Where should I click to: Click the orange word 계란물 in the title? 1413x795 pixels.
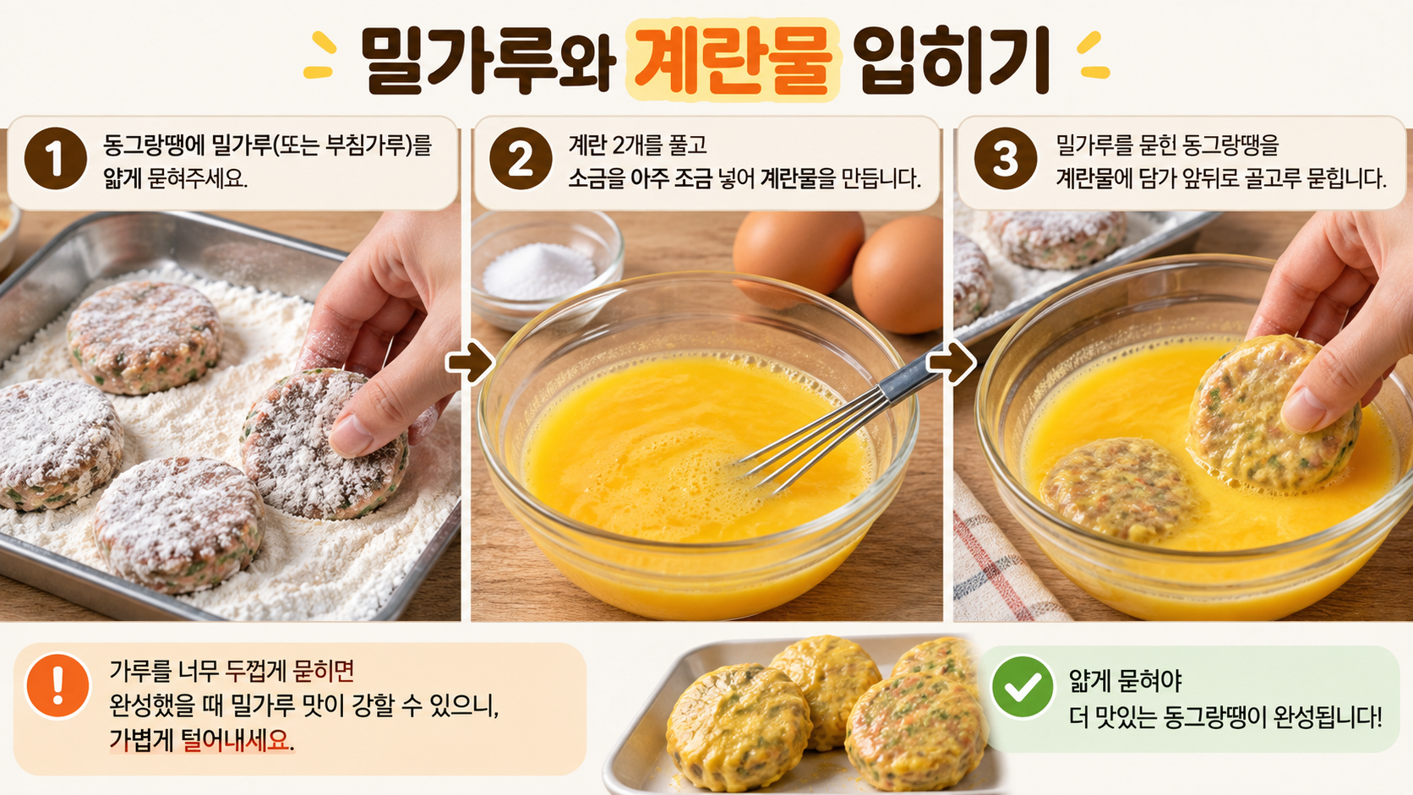733,60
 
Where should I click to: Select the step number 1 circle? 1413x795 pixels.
56,159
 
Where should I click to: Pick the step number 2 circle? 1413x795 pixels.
521,159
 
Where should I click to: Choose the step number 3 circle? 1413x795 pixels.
1006,159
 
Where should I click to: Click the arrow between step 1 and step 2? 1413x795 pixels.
470,362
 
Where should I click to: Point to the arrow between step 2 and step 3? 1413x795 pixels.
952,362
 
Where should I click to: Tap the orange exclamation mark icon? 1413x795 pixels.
57,685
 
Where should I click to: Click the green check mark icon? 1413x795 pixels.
1023,687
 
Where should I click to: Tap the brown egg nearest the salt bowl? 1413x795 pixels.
799,252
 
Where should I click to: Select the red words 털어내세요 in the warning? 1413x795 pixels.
236,740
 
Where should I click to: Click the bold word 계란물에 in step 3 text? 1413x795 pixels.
1096,178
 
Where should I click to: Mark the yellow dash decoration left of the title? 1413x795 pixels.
320,56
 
